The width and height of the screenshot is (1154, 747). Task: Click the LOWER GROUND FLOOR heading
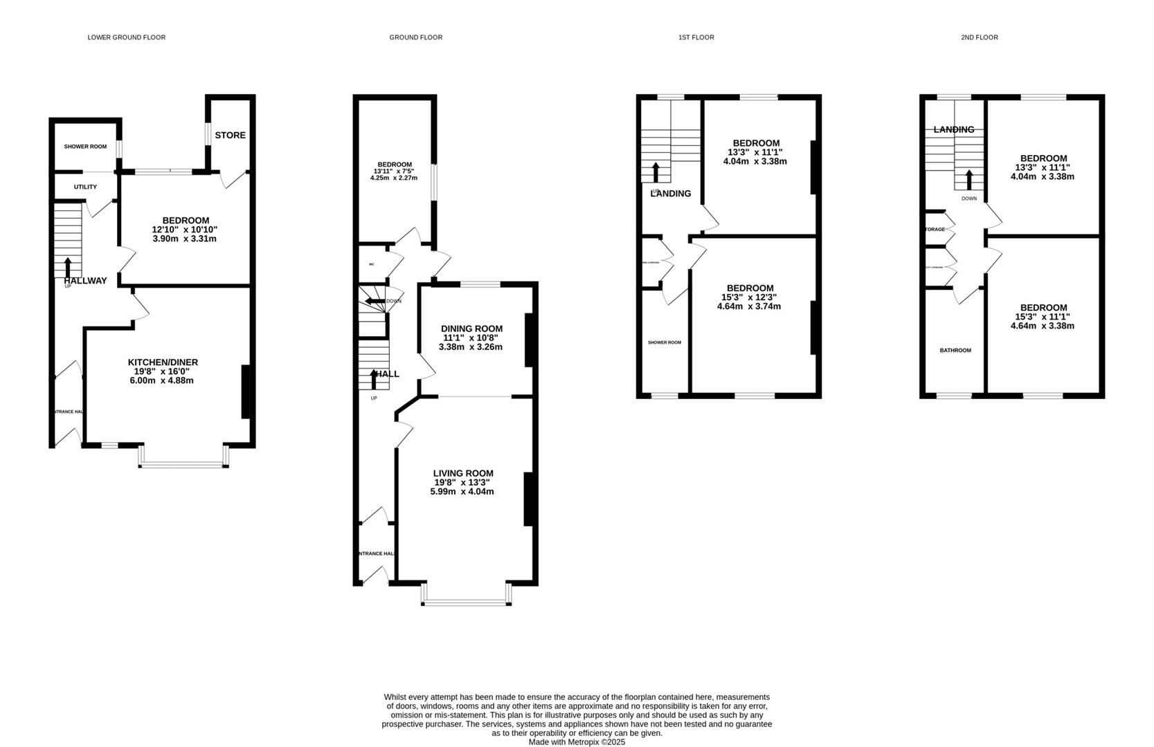[126, 37]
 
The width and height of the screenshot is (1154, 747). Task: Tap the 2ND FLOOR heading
[979, 37]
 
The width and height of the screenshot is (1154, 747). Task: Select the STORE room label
[230, 136]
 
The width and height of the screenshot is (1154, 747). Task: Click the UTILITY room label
[85, 187]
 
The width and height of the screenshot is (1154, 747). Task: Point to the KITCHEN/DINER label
[163, 362]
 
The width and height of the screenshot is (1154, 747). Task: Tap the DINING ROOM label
[471, 329]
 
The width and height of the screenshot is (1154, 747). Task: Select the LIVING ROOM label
[463, 474]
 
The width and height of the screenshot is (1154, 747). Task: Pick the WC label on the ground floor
[372, 264]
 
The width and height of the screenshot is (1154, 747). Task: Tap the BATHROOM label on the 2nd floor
[955, 351]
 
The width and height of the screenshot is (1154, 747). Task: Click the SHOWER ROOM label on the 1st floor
[664, 342]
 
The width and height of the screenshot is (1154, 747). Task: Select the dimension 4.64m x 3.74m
[749, 306]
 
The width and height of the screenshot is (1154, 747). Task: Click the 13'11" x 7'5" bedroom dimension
[393, 171]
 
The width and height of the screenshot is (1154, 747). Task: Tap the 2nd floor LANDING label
[953, 129]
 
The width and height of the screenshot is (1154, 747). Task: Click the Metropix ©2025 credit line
[577, 741]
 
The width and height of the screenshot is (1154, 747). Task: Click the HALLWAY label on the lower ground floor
[86, 281]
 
